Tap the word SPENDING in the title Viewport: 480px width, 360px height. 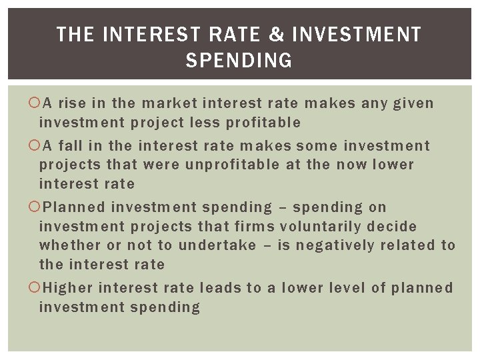click(239, 61)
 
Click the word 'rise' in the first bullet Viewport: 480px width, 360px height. click(71, 103)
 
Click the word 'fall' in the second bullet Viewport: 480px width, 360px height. click(69, 145)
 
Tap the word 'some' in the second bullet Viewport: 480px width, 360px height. click(313, 145)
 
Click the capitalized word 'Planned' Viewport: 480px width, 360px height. click(73, 207)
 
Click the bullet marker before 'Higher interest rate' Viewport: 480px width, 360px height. click(35, 288)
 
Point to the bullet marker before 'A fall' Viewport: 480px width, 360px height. click(35, 145)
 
